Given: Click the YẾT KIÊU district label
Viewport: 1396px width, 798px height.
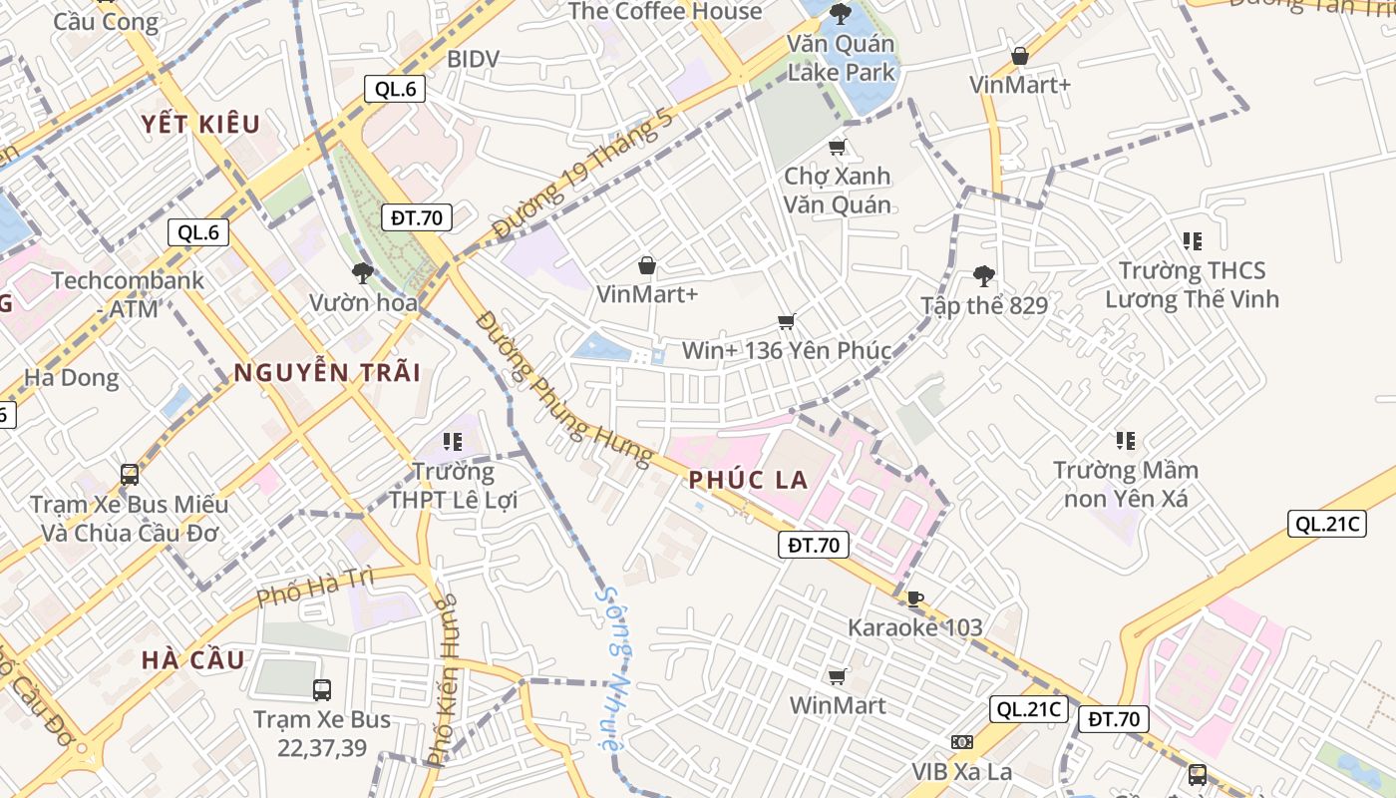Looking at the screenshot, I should (199, 125).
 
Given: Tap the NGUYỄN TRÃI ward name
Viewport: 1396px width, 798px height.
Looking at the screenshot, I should (327, 373).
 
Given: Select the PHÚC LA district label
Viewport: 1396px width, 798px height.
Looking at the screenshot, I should (748, 480).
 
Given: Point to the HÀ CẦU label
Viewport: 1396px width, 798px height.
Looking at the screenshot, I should (192, 660).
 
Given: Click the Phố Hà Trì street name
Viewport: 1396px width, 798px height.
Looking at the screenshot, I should (315, 588).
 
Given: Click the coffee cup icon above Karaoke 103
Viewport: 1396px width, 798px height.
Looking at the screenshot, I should (914, 598).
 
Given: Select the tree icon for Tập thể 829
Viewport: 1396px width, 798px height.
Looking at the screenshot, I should (984, 276).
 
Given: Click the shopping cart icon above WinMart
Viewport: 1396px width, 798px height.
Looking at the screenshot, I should (838, 676).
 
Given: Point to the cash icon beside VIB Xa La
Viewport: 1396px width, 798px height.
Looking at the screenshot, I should (962, 742).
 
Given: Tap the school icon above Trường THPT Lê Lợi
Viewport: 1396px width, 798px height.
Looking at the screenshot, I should (454, 441).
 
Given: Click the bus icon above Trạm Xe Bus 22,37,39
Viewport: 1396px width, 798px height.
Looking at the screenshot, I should (322, 689).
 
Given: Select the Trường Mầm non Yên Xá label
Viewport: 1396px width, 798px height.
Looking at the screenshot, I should (1126, 484).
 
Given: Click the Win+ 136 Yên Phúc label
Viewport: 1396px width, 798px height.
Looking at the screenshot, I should (786, 351).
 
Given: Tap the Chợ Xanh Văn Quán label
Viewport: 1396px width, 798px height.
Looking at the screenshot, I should (837, 191).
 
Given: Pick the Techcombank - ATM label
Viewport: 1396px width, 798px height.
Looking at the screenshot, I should (128, 294).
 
